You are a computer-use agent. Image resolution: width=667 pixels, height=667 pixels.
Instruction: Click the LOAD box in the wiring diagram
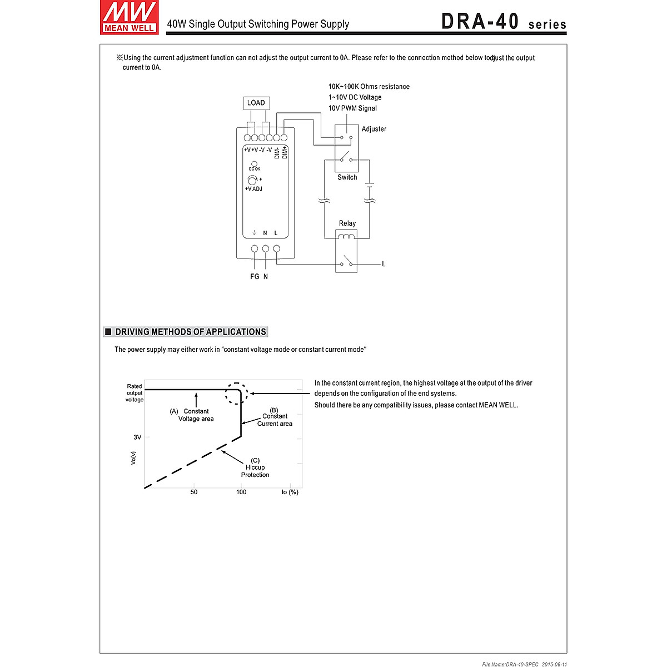[x=256, y=103]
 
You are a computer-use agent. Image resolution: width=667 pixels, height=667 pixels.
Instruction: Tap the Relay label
[x=347, y=223]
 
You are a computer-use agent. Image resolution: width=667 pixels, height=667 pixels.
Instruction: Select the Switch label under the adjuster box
[x=347, y=177]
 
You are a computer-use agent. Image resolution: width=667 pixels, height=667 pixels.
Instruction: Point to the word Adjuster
[x=374, y=129]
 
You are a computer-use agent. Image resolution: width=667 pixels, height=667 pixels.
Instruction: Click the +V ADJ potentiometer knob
[x=252, y=180]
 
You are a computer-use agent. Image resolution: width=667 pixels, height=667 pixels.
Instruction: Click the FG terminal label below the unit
[x=255, y=276]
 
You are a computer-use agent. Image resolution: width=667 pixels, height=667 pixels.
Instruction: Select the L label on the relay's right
[x=384, y=264]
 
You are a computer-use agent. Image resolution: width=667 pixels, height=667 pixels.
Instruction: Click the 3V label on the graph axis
[x=137, y=437]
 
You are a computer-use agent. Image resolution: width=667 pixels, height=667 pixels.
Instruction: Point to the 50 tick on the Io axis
[x=194, y=492]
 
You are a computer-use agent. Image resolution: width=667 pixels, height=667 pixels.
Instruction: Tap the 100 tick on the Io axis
[x=241, y=492]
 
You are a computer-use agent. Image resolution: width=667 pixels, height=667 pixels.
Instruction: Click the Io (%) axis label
[x=290, y=492]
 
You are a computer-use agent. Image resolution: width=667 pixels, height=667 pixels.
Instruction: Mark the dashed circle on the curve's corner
[x=236, y=394]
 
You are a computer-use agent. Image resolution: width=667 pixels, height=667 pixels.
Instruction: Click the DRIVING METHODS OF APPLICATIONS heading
[x=190, y=332]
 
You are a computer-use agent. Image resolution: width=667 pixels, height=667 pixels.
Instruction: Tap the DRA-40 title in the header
[x=480, y=21]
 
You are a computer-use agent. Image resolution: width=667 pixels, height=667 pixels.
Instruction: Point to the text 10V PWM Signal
[x=352, y=108]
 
